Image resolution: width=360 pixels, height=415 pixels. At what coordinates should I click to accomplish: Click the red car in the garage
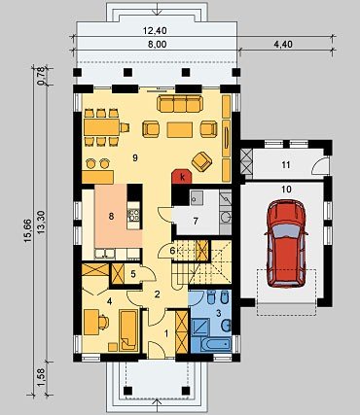(x=286, y=243)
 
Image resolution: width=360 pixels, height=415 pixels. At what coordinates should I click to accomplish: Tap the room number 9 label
(x=135, y=157)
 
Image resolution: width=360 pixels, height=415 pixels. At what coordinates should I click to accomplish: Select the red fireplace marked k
(x=182, y=176)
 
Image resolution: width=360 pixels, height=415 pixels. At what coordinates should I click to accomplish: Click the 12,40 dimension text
(x=155, y=31)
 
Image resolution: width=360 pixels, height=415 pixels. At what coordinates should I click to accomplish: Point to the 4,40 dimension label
(x=283, y=44)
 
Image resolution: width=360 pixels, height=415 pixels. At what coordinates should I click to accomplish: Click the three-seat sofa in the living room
(x=180, y=103)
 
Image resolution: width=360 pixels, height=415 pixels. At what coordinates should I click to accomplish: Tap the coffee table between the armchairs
(x=180, y=129)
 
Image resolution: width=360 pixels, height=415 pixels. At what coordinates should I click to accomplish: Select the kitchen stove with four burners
(x=134, y=215)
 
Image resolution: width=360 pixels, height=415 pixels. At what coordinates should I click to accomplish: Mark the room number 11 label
(x=285, y=165)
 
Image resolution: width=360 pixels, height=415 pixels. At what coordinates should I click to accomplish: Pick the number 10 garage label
(x=286, y=190)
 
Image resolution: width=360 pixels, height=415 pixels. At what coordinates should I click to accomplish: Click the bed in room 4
(x=128, y=330)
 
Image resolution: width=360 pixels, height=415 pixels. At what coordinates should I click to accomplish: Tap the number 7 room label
(x=196, y=221)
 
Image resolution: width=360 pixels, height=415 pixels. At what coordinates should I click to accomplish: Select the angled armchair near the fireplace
(x=201, y=162)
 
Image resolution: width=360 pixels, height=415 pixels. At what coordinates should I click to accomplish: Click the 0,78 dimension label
(x=41, y=78)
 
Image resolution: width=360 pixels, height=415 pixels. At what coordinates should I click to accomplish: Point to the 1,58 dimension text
(x=41, y=378)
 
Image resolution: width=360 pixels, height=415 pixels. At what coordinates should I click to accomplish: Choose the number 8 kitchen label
(x=111, y=217)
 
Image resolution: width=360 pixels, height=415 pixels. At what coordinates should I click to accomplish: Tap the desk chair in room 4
(x=104, y=323)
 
